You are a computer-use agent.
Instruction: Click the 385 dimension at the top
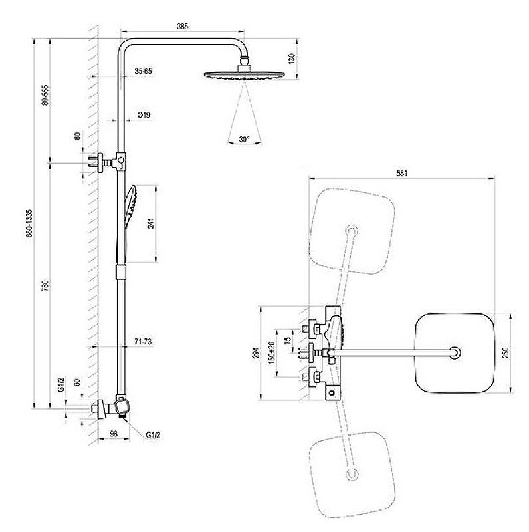[x=183, y=27]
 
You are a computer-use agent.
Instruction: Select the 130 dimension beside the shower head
[x=291, y=59]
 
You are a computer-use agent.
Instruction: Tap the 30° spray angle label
[x=244, y=140]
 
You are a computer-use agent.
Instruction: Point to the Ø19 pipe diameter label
[x=144, y=115]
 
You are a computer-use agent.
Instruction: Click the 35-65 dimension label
[x=143, y=70]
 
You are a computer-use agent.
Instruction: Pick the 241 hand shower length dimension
[x=151, y=223]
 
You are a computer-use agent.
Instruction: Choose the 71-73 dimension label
[x=143, y=341]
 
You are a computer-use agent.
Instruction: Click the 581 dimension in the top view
[x=401, y=173]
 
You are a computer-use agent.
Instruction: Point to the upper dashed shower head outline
[x=350, y=230]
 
